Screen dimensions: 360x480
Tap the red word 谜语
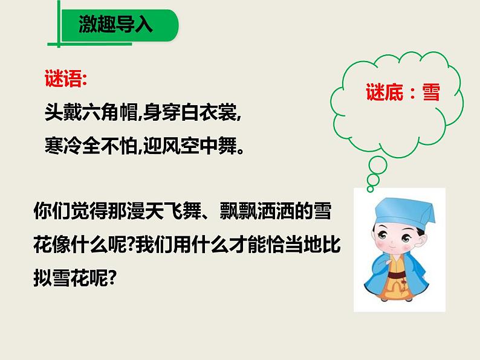point(65,80)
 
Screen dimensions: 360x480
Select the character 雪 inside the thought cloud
point(430,92)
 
